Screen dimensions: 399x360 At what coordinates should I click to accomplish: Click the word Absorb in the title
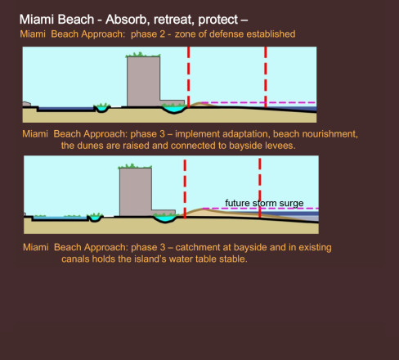point(128,20)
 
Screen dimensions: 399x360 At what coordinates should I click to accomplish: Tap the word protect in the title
point(218,20)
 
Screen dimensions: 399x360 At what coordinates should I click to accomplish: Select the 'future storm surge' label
point(264,203)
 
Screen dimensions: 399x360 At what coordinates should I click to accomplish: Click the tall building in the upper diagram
point(144,81)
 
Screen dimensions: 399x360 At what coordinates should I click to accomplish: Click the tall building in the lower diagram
point(136,192)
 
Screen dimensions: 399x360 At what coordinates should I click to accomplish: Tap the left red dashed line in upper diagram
point(189,77)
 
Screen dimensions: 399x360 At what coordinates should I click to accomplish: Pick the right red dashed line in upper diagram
point(266,78)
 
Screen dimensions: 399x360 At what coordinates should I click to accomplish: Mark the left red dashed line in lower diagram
point(185,189)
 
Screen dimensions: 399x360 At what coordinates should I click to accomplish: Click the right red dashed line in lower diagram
point(260,187)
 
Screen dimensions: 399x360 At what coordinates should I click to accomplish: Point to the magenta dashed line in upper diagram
point(258,102)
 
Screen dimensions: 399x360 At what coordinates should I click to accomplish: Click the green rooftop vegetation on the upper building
point(143,55)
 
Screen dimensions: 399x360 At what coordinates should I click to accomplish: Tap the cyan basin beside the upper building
point(174,109)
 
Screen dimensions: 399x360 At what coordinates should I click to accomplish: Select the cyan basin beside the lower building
point(165,218)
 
